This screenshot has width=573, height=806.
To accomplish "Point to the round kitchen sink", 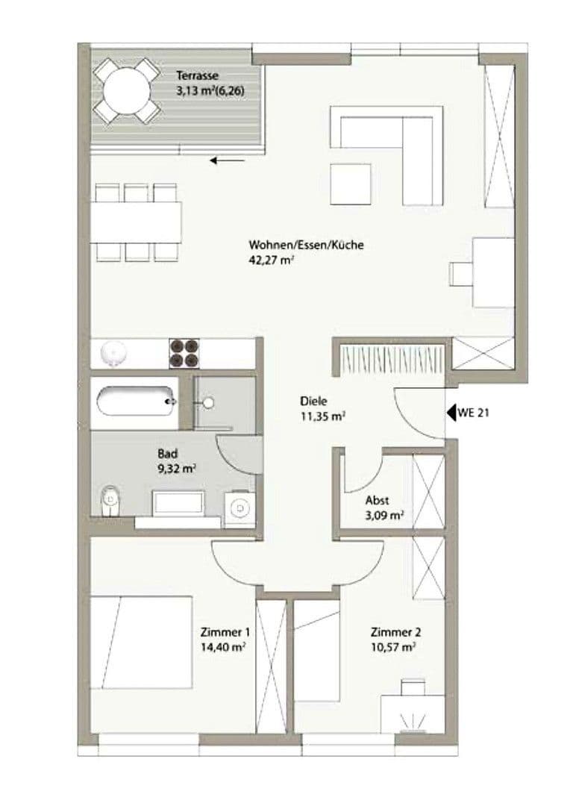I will (x=113, y=352).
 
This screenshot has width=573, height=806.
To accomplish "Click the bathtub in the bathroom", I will (x=135, y=402).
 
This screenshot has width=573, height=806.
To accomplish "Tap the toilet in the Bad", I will (x=110, y=499).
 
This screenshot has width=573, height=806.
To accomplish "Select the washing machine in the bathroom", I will (x=239, y=507).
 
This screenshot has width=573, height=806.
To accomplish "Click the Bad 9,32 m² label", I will (x=176, y=461).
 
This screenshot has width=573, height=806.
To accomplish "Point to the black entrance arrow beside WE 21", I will (x=451, y=411).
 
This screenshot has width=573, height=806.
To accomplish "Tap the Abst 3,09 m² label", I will (x=384, y=507).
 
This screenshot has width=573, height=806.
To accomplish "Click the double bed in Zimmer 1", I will (x=142, y=643).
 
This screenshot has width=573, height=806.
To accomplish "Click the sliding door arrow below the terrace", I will (x=228, y=160).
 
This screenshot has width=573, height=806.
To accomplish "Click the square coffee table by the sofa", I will (x=351, y=184).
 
